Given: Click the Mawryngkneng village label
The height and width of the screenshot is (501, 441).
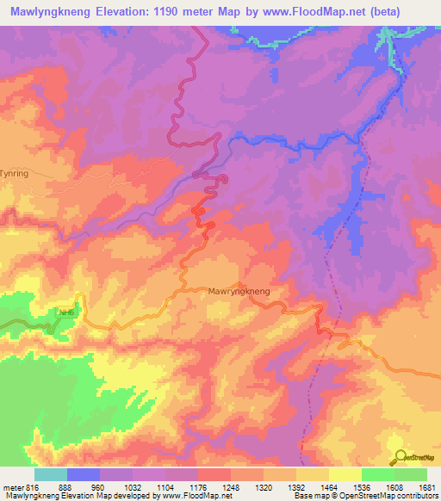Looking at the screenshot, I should pyautogui.click(x=239, y=292).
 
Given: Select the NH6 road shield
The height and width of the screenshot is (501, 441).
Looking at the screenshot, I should pyautogui.click(x=66, y=312).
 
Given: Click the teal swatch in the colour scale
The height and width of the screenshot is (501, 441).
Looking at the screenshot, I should pyautogui.click(x=51, y=473).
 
